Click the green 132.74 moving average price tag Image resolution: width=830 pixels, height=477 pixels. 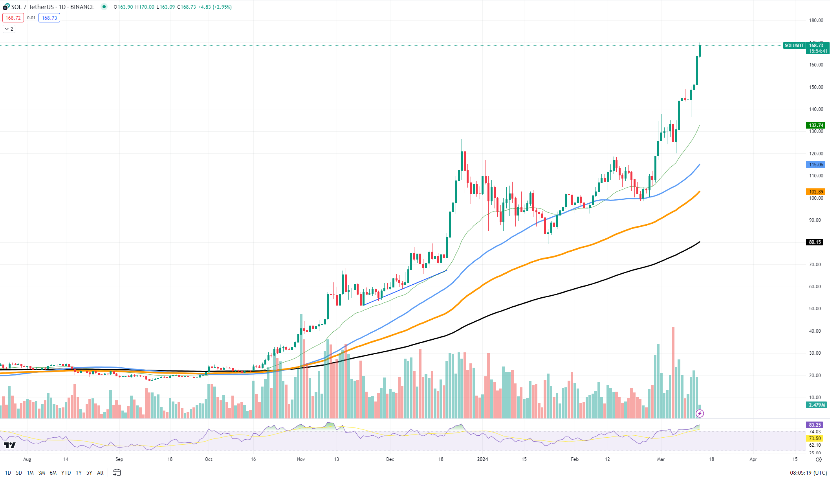(x=816, y=125)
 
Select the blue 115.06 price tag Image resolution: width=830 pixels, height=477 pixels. (x=816, y=165)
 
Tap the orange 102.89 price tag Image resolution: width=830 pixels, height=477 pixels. (x=816, y=192)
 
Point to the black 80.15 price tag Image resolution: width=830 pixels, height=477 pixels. (x=815, y=242)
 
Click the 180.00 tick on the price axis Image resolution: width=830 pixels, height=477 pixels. (x=816, y=20)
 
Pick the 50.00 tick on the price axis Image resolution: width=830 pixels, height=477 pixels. (x=815, y=309)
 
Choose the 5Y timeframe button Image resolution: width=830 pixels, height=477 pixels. (x=89, y=473)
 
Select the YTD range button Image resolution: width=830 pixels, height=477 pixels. (x=66, y=473)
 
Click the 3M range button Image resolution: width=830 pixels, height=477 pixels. (x=42, y=473)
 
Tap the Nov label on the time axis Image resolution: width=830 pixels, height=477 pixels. (x=301, y=459)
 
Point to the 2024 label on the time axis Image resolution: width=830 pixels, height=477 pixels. (x=482, y=459)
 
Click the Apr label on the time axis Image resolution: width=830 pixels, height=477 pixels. (x=753, y=459)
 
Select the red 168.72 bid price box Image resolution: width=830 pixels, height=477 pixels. (x=13, y=18)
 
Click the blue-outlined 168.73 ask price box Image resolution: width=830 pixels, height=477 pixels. (x=49, y=18)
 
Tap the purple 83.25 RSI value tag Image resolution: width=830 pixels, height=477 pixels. (x=815, y=425)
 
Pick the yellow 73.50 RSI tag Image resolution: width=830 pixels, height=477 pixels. (x=815, y=438)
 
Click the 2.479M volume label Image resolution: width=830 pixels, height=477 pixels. (x=816, y=405)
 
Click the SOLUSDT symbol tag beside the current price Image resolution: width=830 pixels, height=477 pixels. (x=794, y=46)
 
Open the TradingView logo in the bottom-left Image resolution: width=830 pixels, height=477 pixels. (x=10, y=445)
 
